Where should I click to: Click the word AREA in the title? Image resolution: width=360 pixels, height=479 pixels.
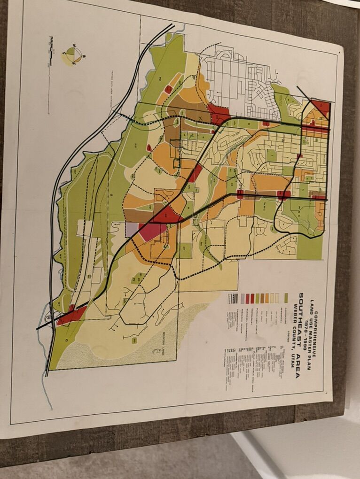298,366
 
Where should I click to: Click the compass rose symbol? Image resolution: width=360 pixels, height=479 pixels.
73,55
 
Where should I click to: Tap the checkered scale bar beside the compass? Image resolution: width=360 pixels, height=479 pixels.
50,51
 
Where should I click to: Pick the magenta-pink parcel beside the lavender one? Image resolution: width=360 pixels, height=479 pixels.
151,231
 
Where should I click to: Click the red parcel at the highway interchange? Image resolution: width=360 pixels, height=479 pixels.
71,315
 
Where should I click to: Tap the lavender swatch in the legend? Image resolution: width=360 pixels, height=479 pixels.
243,298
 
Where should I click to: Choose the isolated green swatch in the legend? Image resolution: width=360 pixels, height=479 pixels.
286,298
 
